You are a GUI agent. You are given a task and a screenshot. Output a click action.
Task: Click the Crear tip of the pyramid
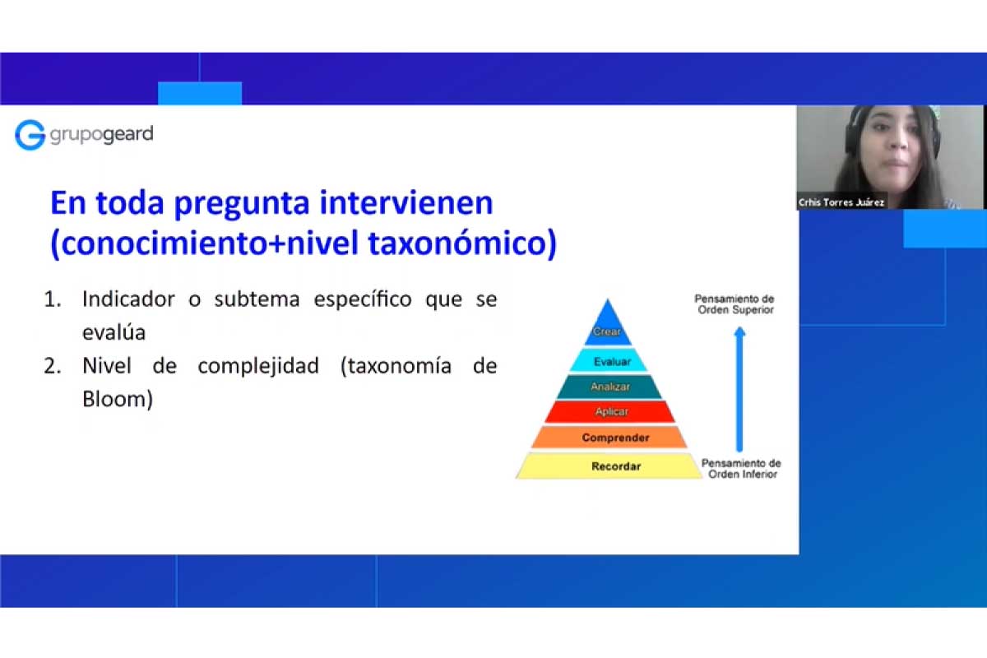pyautogui.click(x=608, y=327)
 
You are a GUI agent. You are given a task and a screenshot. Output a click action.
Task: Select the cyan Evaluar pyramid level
pyautogui.click(x=609, y=360)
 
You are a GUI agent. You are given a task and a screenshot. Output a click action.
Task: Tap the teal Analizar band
pyautogui.click(x=609, y=387)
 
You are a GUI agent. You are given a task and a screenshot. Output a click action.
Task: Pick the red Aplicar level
pyautogui.click(x=609, y=411)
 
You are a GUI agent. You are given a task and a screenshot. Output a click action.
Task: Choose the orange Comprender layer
pyautogui.click(x=609, y=438)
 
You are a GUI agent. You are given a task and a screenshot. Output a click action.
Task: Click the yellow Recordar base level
pyautogui.click(x=609, y=466)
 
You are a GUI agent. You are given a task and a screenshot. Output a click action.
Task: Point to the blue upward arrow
pyautogui.click(x=739, y=389)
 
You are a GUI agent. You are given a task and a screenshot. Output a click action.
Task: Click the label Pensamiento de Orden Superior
pyautogui.click(x=735, y=304)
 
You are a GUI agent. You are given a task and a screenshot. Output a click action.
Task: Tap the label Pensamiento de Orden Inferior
pyautogui.click(x=742, y=469)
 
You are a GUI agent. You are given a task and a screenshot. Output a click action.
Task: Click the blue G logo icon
pyautogui.click(x=30, y=135)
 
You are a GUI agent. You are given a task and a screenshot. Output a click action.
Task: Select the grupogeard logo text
pyautogui.click(x=101, y=134)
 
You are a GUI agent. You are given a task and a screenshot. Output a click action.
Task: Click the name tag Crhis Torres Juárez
pyautogui.click(x=841, y=202)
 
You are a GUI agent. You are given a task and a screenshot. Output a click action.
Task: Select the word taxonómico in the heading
pyautogui.click(x=458, y=243)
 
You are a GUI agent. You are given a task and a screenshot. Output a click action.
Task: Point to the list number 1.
pyautogui.click(x=53, y=299)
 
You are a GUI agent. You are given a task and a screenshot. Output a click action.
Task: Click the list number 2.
pyautogui.click(x=53, y=366)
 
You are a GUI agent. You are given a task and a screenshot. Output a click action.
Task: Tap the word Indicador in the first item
pyautogui.click(x=128, y=299)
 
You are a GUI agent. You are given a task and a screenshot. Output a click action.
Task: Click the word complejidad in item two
pyautogui.click(x=258, y=367)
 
